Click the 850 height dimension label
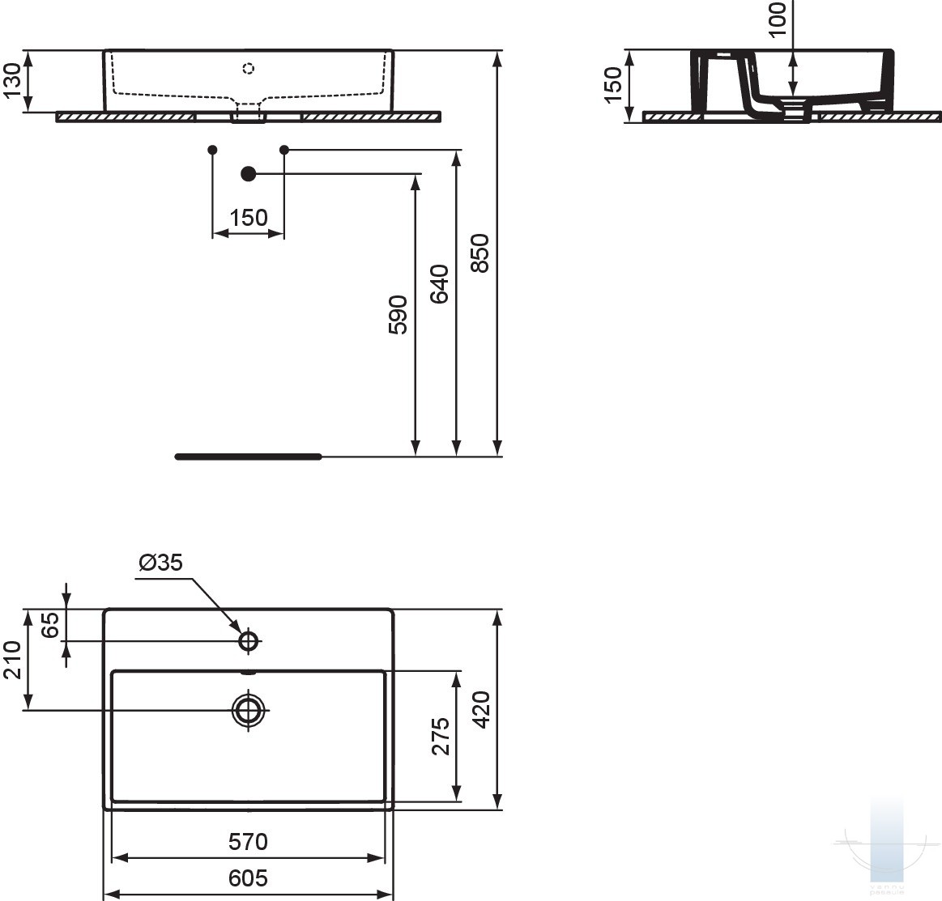pyautogui.click(x=480, y=253)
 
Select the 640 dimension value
pyautogui.click(x=439, y=284)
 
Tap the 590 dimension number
pyautogui.click(x=398, y=315)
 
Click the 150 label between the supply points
pyautogui.click(x=248, y=217)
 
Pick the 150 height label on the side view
pyautogui.click(x=613, y=85)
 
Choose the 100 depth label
pyautogui.click(x=777, y=19)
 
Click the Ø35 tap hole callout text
pyautogui.click(x=160, y=563)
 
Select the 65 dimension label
pyautogui.click(x=51, y=625)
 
